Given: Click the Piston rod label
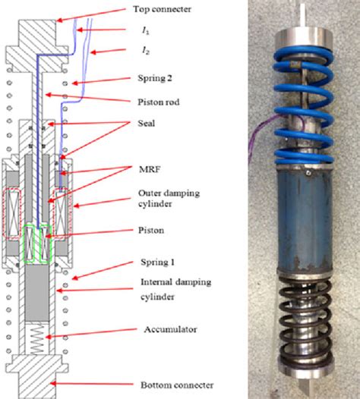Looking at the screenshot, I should coord(150,101).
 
